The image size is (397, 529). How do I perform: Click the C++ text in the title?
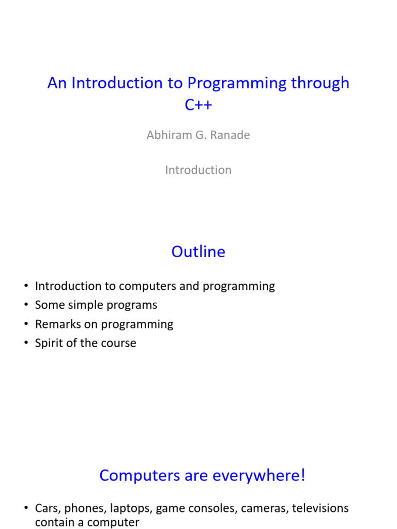point(198,104)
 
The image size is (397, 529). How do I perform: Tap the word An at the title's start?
point(57,83)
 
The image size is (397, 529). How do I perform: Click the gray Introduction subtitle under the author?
point(198,170)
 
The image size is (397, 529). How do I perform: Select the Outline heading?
point(198,252)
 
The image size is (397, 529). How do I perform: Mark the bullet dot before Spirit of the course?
point(25,344)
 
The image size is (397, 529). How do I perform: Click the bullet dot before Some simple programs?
point(25,305)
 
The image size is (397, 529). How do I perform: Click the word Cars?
point(48,508)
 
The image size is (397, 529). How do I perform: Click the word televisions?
point(320,508)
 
